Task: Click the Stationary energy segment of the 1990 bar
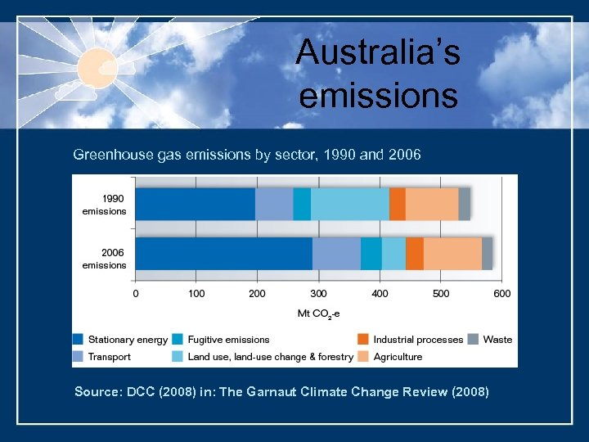pos(195,204)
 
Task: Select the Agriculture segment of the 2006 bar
pos(452,254)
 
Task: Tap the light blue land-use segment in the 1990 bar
pos(350,204)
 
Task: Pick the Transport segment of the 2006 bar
pos(336,254)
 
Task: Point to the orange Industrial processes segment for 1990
pos(398,204)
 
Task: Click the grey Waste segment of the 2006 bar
pos(487,254)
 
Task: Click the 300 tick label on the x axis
pos(318,293)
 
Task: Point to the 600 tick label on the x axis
pos(501,293)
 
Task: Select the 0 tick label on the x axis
pos(136,293)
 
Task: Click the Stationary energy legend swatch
pos(79,340)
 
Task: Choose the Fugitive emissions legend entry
pos(228,340)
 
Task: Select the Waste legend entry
pos(497,340)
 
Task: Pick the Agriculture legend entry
pos(398,357)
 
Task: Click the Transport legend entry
pos(110,357)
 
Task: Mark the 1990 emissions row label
pos(104,205)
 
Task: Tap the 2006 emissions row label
pos(104,259)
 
